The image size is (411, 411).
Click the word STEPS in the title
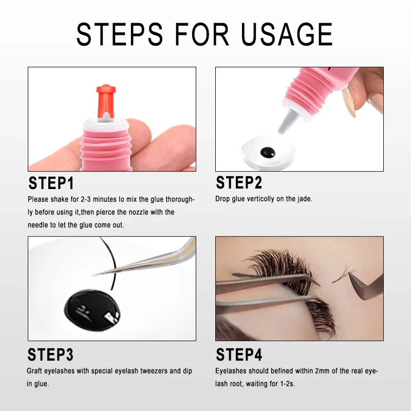(120, 34)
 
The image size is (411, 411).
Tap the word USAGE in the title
(287, 34)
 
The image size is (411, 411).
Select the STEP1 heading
(51, 183)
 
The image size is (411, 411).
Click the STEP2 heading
(239, 182)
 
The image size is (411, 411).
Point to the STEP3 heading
(50, 354)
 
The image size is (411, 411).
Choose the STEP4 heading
(239, 354)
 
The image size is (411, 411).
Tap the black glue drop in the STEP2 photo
(268, 152)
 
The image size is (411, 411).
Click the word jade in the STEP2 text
(305, 199)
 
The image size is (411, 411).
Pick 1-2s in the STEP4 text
(288, 384)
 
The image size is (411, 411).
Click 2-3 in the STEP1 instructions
(86, 199)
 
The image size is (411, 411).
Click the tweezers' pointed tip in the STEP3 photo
(94, 275)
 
